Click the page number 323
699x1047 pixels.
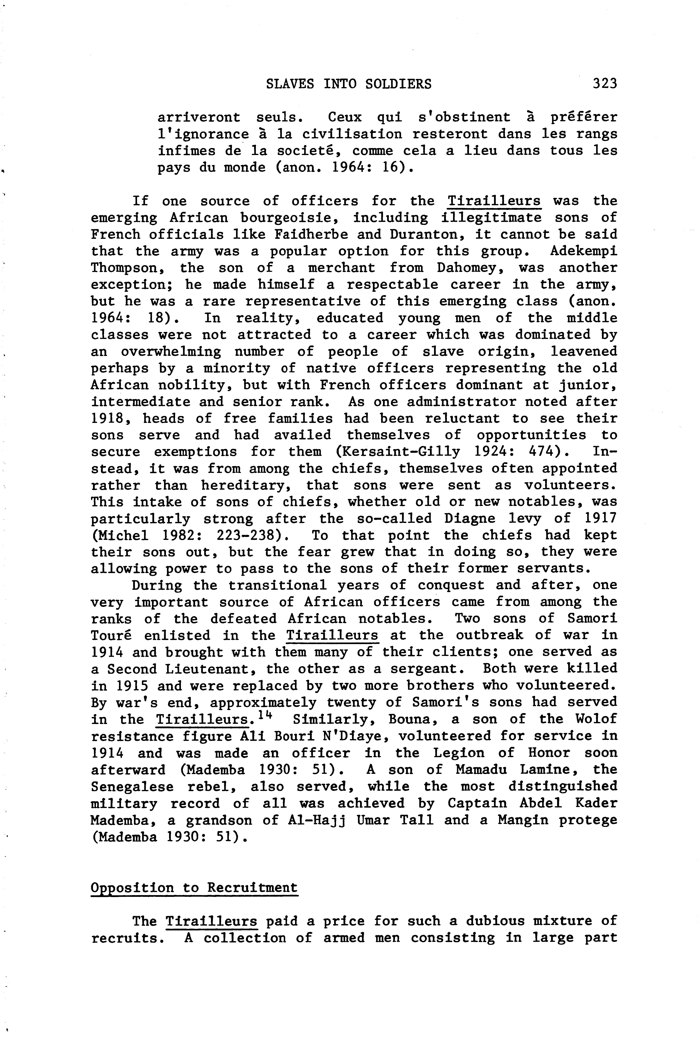(x=604, y=83)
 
